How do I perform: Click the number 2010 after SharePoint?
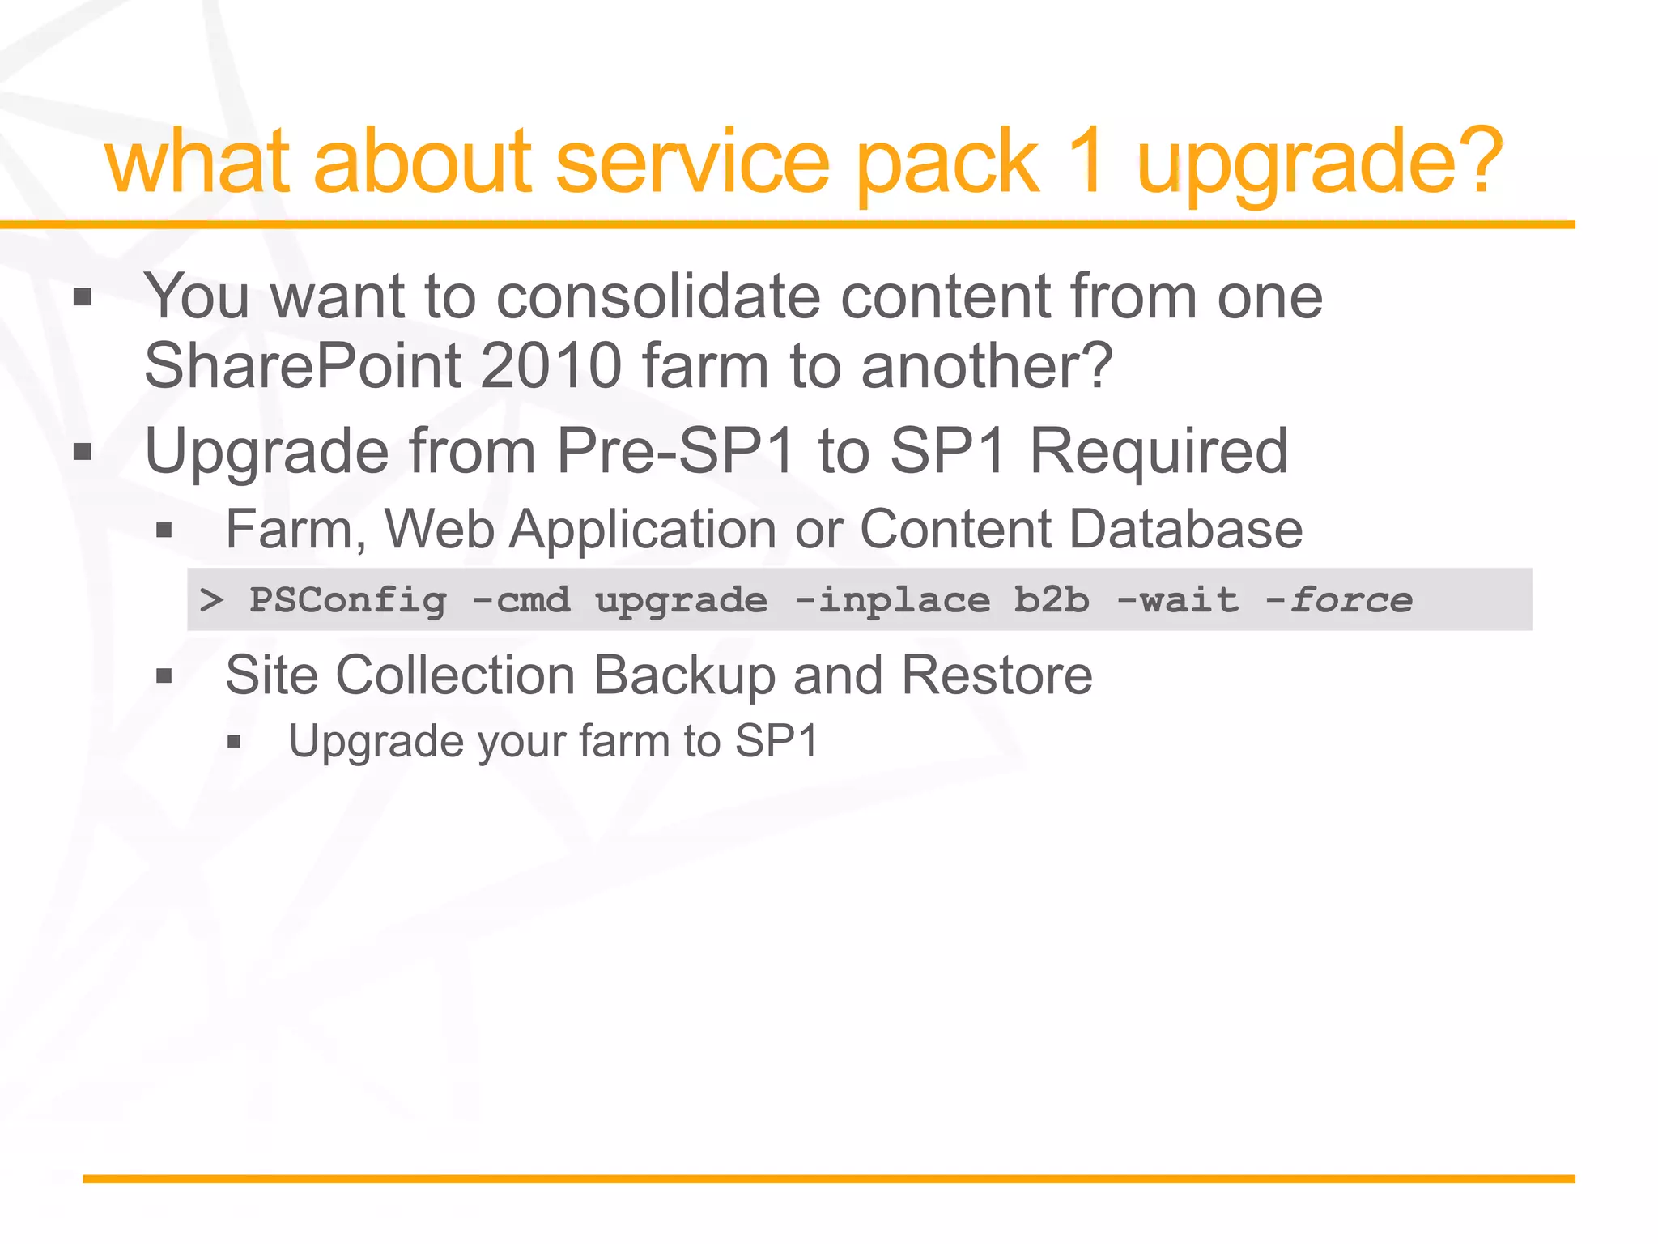tap(551, 366)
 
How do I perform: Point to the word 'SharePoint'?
tap(301, 366)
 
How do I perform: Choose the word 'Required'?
tap(1158, 450)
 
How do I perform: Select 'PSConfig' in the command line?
tap(347, 600)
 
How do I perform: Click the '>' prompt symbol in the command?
tap(211, 600)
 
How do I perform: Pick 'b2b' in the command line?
tap(1052, 600)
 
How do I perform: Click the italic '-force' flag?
tap(1339, 600)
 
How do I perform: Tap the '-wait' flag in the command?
tap(1177, 600)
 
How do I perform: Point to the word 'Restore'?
tap(997, 675)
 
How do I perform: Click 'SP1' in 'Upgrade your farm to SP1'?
tap(776, 741)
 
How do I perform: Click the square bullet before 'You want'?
tap(83, 298)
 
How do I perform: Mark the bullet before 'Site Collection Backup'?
tap(164, 676)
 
